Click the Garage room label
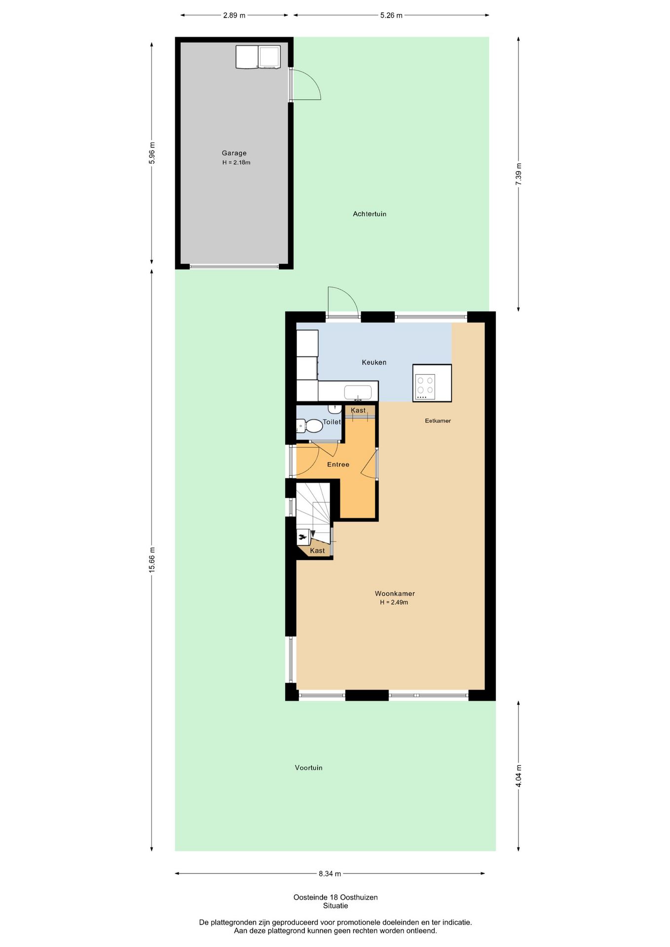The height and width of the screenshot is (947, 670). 234,153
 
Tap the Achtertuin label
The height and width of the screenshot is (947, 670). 370,214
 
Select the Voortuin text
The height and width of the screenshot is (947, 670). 308,767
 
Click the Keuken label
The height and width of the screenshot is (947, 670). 374,363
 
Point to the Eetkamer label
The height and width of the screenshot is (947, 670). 438,421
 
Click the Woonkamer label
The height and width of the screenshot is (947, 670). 395,594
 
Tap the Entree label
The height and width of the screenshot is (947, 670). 338,465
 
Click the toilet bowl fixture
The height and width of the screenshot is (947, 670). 310,426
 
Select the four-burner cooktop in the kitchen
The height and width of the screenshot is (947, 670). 425,386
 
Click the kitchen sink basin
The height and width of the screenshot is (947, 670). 358,392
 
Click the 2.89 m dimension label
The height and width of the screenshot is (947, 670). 234,15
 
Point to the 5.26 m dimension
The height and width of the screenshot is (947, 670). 391,15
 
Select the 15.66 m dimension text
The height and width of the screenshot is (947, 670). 152,560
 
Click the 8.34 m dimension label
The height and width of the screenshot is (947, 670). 330,874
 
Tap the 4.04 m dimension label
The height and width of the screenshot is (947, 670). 519,776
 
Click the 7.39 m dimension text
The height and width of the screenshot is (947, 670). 519,174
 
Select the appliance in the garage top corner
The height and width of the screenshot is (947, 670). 258,57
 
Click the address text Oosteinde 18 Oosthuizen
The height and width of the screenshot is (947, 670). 335,897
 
